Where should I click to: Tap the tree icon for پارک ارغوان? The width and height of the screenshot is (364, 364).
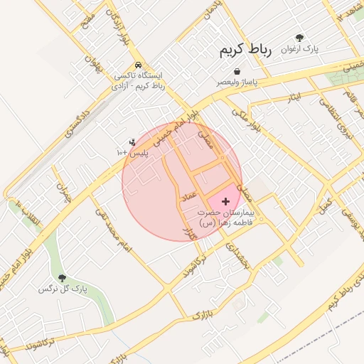tap(299, 38)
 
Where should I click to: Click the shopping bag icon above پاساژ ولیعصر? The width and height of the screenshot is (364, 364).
tap(236, 71)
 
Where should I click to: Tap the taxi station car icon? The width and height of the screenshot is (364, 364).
tap(138, 65)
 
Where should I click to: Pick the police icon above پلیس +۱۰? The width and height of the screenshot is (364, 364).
tap(132, 143)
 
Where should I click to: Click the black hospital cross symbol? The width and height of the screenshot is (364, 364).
tap(226, 202)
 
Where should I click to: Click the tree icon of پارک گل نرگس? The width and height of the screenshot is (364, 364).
tap(62, 278)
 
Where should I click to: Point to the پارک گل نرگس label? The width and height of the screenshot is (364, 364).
tap(58, 289)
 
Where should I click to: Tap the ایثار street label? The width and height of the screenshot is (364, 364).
tap(294, 96)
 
